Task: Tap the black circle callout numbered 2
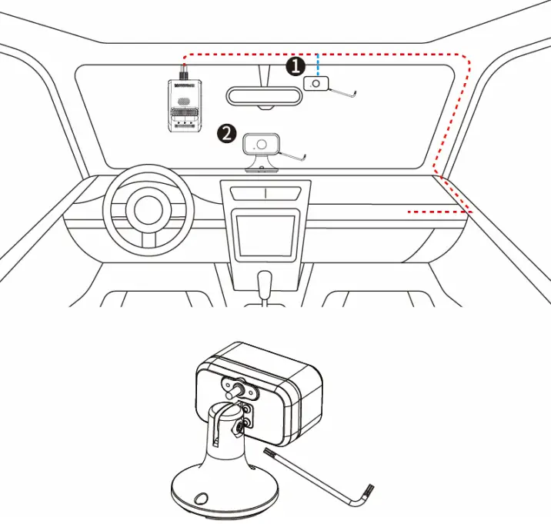226,133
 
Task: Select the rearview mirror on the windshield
263,96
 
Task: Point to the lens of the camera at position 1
316,83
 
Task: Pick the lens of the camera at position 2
262,144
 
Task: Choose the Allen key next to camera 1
343,92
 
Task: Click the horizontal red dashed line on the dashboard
439,212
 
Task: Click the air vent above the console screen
264,192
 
